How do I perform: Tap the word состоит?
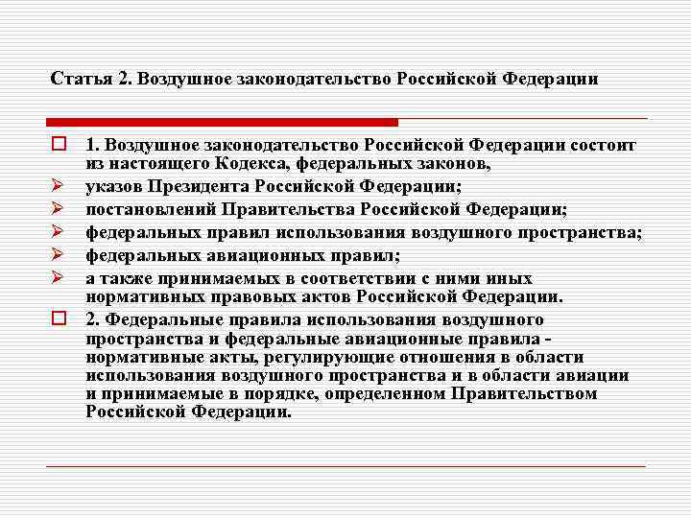coord(603,146)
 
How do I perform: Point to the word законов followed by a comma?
coord(451,164)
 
